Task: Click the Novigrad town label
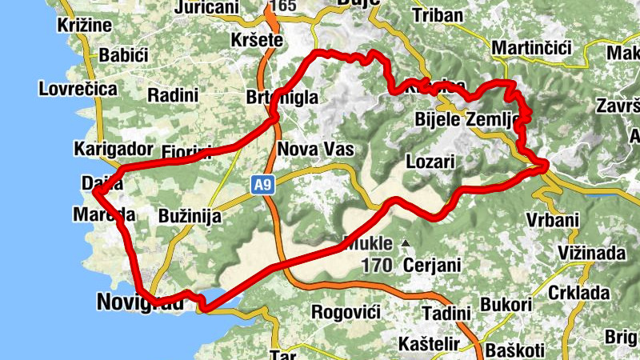134,302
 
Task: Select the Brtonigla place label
283,98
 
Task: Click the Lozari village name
430,162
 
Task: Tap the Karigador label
112,149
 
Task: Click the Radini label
173,95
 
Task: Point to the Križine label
85,26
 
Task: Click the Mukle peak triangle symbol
406,243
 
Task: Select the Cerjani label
432,264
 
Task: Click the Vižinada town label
587,254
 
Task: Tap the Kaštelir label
430,344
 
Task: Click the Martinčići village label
531,50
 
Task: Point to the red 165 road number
283,6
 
